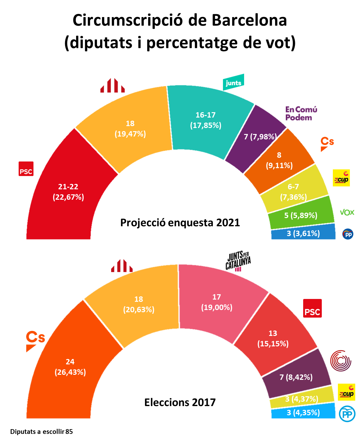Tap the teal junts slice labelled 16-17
point(205,126)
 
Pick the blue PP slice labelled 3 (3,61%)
point(303,234)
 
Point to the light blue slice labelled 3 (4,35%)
point(303,412)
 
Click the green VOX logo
point(347,212)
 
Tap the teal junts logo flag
point(233,82)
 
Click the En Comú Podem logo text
point(301,113)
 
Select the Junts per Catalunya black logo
point(238,261)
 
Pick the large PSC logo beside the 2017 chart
point(312,308)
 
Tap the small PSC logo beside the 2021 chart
point(26,169)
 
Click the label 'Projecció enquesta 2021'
point(180,223)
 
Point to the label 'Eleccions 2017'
point(180,402)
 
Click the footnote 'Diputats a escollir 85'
point(41,432)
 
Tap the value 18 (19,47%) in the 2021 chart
point(130,129)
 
